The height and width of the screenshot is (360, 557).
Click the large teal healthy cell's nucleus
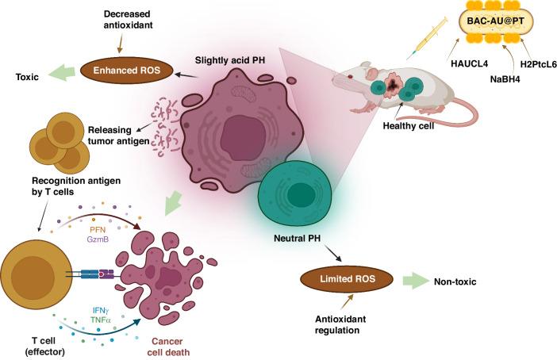point(299,193)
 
